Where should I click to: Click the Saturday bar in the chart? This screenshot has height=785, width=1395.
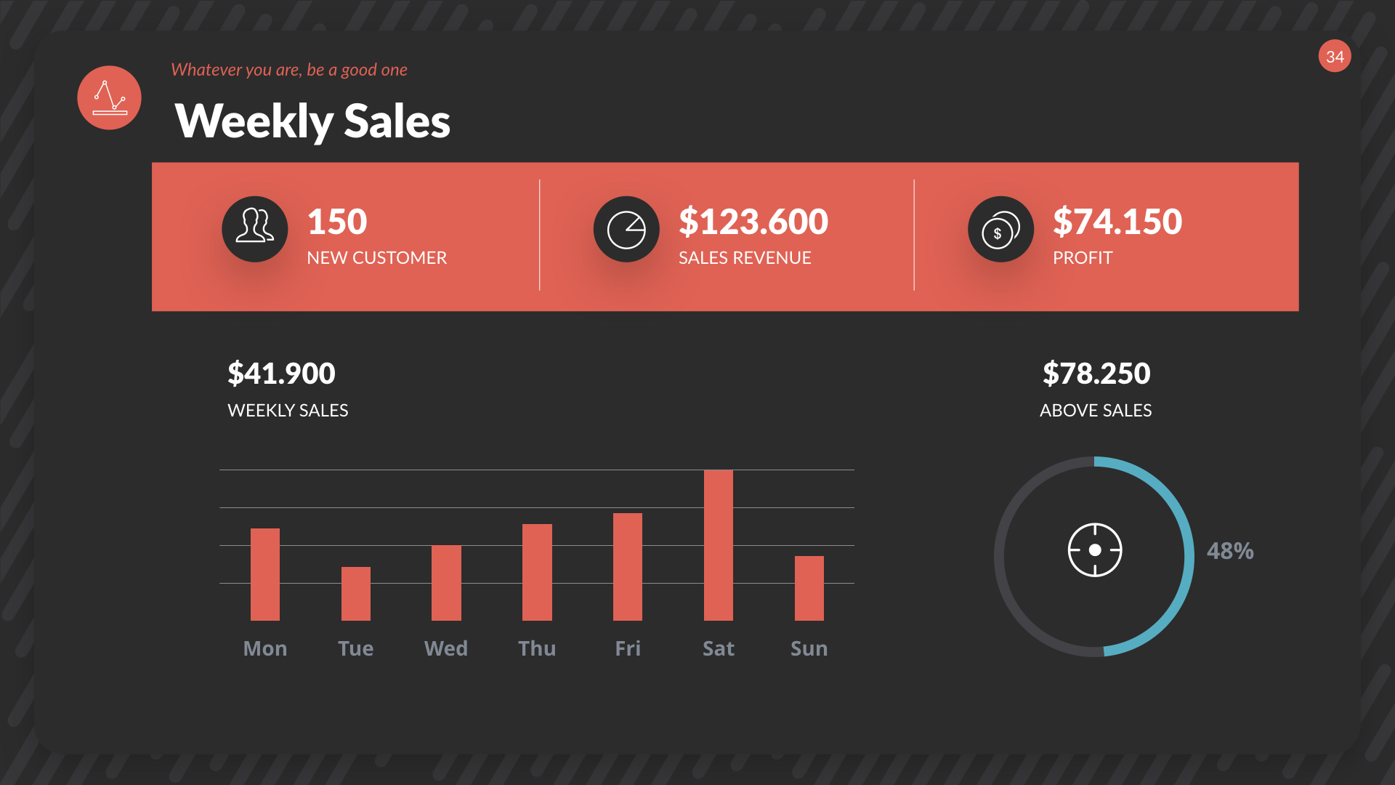[718, 545]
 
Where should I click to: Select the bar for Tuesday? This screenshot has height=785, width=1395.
[355, 593]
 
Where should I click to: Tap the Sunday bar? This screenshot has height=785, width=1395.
[809, 588]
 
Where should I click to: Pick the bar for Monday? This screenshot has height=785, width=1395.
[264, 574]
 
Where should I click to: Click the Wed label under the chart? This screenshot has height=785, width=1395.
[446, 648]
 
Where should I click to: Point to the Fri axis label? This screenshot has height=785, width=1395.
[628, 648]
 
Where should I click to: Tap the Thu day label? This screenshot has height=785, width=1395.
[537, 648]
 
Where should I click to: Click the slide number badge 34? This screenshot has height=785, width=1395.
[1335, 57]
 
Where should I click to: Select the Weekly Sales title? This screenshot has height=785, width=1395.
[312, 121]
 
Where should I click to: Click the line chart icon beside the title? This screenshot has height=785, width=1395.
[109, 98]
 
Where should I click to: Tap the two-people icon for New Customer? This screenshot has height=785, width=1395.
[254, 229]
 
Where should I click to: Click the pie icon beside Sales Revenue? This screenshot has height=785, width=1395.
[626, 229]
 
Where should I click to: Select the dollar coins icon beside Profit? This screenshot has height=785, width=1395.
[1000, 229]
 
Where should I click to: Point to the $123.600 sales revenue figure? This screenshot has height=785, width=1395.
[753, 222]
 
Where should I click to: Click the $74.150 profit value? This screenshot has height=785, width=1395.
[1117, 222]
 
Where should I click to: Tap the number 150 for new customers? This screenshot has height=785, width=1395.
[337, 222]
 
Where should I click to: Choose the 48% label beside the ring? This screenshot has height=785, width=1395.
[1230, 551]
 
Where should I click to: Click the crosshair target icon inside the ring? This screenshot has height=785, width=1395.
[1095, 550]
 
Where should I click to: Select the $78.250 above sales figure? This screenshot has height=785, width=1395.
[1096, 374]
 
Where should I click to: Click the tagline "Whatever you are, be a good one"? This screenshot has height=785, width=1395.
[289, 70]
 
